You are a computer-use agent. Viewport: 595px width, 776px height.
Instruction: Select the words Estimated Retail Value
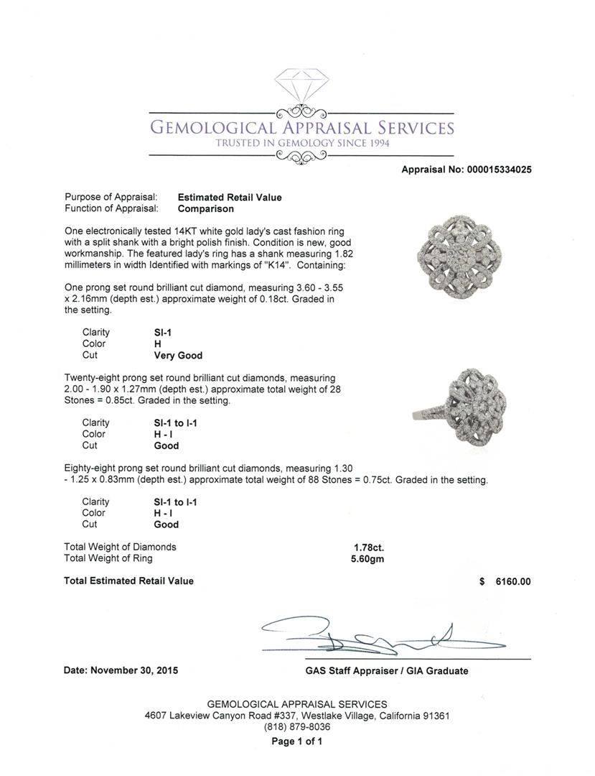[230, 198]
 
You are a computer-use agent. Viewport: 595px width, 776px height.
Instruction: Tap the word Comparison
[205, 209]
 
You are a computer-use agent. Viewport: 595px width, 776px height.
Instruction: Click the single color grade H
[148, 344]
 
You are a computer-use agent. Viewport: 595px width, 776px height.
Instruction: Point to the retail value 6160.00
[512, 582]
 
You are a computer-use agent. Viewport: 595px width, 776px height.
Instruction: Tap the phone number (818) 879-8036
[297, 727]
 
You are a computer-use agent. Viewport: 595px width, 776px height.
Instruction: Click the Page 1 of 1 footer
[297, 742]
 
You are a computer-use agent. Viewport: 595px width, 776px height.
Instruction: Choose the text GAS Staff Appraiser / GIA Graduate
[386, 671]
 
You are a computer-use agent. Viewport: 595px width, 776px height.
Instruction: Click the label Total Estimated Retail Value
[128, 581]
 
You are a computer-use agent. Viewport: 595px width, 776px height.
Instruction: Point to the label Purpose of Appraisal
[111, 198]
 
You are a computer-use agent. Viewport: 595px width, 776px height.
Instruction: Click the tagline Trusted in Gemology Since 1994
[301, 144]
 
